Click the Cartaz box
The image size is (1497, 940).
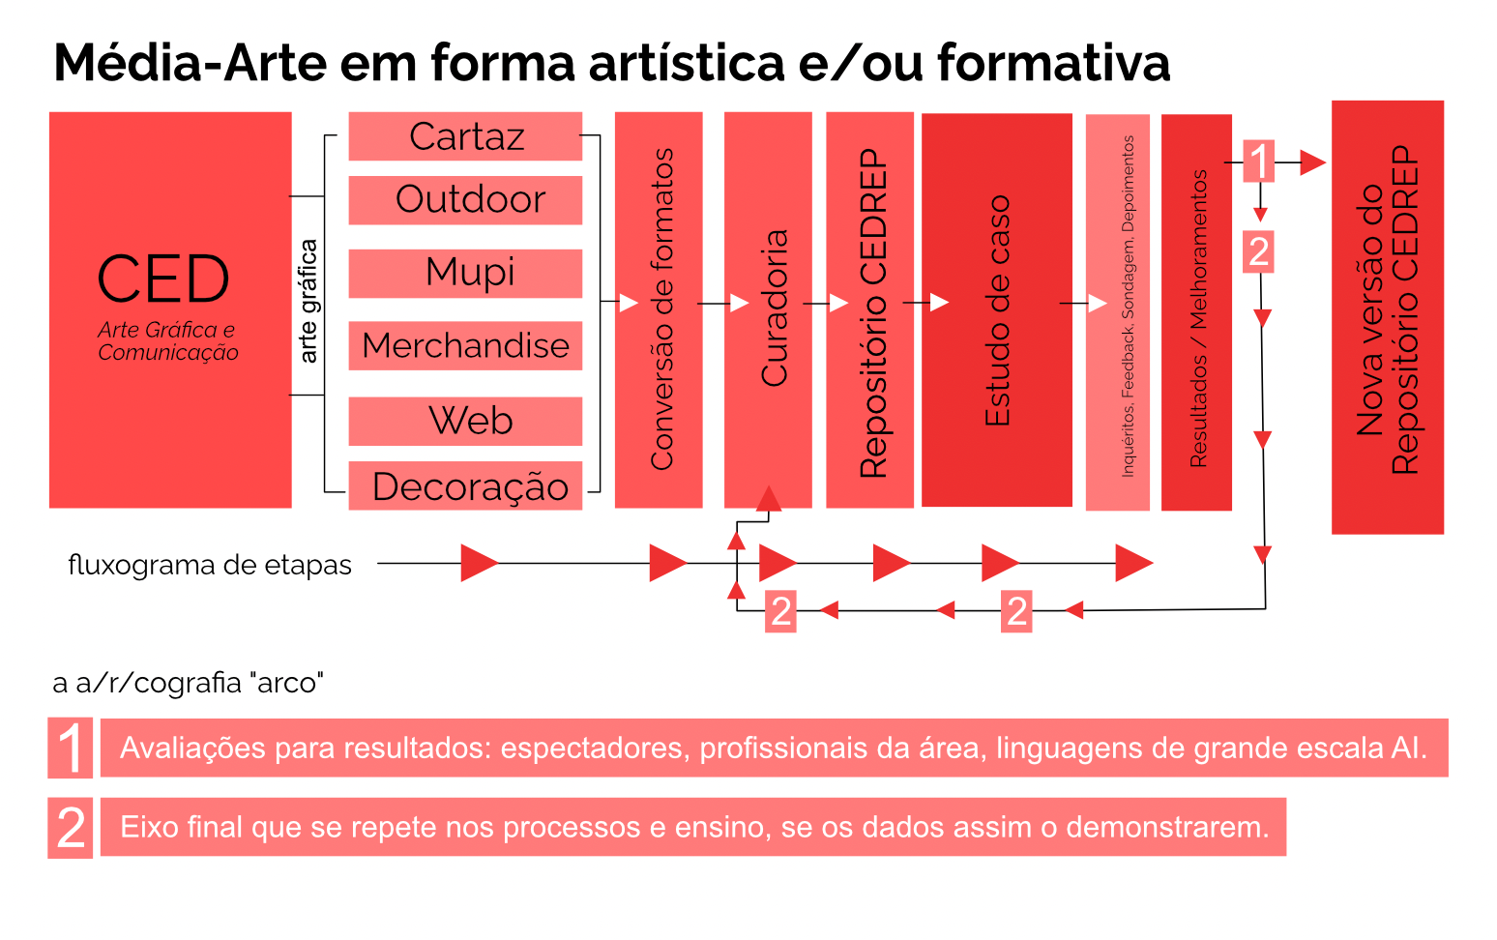465,136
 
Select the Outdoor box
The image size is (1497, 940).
465,200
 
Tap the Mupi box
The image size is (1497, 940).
465,273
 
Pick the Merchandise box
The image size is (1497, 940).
465,345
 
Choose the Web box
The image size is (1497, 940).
465,421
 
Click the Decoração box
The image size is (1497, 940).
465,485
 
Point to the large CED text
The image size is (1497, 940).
163,280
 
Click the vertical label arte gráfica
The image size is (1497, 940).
308,301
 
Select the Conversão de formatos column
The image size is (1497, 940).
659,309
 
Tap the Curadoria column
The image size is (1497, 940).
768,309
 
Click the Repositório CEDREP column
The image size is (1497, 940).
869,309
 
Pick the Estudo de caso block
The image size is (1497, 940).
996,309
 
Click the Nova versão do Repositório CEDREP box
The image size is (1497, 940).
1387,316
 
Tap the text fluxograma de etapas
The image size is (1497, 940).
210,565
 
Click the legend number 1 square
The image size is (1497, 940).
71,748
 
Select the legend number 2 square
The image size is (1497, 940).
71,828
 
